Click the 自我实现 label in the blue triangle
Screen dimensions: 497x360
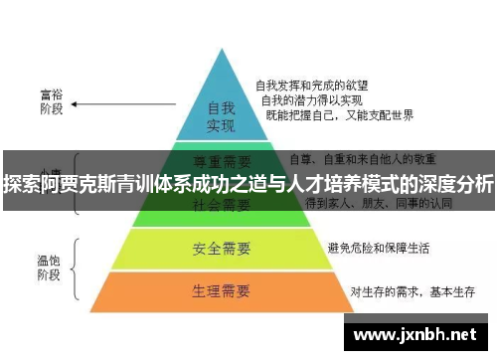[220, 116]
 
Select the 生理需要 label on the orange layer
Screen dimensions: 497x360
[221, 291]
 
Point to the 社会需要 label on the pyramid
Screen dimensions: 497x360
[221, 206]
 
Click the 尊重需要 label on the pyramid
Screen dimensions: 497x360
[221, 158]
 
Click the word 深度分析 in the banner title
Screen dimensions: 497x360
[453, 184]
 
